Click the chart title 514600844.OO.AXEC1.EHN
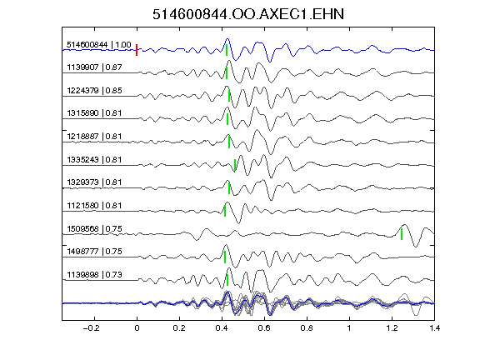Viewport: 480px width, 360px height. tap(248, 14)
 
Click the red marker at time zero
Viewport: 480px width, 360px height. tap(137, 50)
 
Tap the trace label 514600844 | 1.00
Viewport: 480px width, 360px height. tap(99, 45)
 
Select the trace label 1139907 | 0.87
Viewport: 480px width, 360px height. tap(95, 67)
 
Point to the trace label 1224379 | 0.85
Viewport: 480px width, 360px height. tap(95, 90)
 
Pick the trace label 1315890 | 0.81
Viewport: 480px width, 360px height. tap(95, 113)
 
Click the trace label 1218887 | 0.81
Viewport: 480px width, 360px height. tap(95, 136)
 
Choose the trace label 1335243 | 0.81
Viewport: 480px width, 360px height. tap(95, 159)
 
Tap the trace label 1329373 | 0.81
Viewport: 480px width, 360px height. tap(95, 182)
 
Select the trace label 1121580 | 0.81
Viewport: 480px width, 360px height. tap(95, 205)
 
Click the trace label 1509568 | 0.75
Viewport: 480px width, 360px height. tap(95, 228)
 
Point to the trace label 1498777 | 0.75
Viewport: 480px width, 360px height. tap(95, 252)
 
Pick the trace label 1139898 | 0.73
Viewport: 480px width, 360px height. tap(95, 275)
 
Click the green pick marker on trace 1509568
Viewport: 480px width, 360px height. tap(402, 234)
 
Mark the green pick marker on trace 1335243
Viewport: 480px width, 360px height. tap(235, 165)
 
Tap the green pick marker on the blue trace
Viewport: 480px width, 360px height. tap(227, 50)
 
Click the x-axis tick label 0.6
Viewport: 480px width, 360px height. tap(264, 328)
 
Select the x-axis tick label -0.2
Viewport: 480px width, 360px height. tap(91, 328)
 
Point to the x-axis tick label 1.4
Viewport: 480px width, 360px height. tap(434, 328)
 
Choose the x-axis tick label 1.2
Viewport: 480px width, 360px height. tap(392, 328)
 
